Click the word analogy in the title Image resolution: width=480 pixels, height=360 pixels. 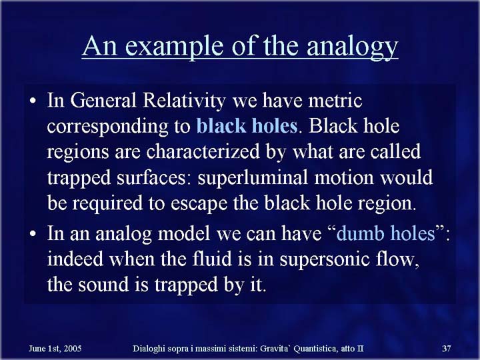tap(352, 47)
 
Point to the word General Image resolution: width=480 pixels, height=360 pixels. tap(103, 100)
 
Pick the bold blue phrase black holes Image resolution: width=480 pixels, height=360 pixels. tap(247, 126)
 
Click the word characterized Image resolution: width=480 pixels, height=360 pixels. tap(203, 151)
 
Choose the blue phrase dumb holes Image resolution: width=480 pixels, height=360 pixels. tap(386, 233)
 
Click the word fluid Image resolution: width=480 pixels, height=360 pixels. tap(212, 259)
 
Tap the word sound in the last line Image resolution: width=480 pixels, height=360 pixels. tap(103, 284)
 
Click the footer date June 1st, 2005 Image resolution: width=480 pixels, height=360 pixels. tap(55, 349)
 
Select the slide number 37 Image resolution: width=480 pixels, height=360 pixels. tap(447, 349)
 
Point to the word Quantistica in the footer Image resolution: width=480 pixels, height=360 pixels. tap(316, 349)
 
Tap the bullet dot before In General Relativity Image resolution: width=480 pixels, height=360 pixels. tap(33, 101)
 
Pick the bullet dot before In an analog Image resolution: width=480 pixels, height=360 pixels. tap(33, 233)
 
